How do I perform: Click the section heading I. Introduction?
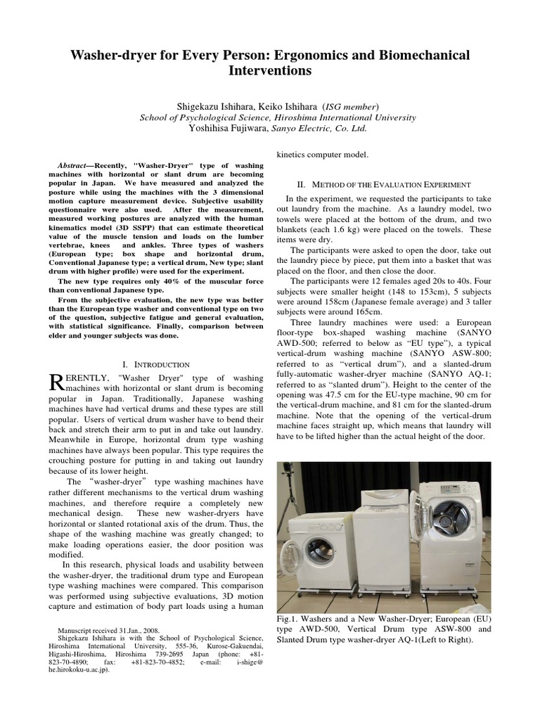[155, 364]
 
